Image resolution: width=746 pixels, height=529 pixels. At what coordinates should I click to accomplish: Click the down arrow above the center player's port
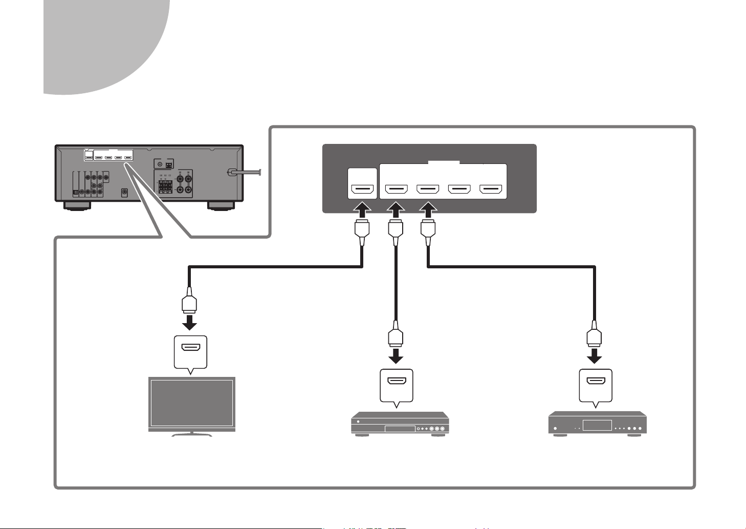[x=396, y=354]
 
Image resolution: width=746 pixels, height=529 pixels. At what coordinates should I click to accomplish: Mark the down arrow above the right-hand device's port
[x=595, y=354]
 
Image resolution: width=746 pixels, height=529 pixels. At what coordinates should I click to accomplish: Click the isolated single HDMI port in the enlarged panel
[x=362, y=191]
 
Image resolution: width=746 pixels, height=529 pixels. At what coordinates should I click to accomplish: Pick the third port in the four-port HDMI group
[x=459, y=191]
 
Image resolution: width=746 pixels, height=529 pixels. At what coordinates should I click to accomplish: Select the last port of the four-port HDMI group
[x=491, y=191]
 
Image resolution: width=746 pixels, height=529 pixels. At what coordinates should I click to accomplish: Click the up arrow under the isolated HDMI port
[x=362, y=210]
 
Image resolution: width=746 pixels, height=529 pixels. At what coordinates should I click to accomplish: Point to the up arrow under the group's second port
[x=428, y=210]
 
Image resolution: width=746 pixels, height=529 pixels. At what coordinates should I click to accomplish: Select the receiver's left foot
[x=78, y=206]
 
